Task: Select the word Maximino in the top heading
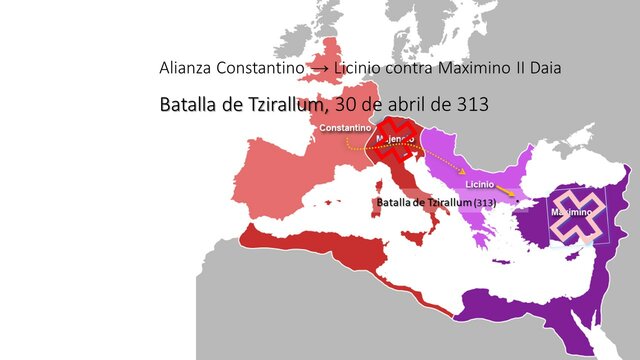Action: coord(464,69)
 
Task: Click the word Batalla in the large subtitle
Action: coord(187,104)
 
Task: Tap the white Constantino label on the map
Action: coord(345,129)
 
